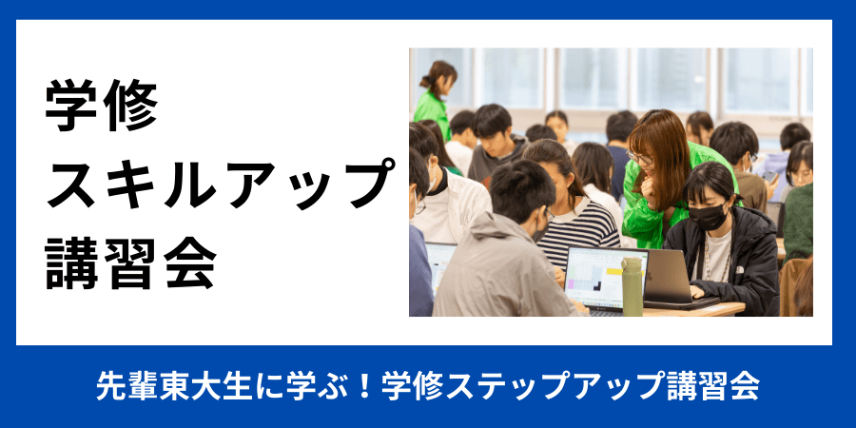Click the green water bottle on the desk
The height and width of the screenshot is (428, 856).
(x=632, y=286)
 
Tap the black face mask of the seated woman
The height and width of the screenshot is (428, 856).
(x=708, y=217)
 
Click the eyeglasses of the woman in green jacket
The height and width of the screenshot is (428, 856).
(x=640, y=157)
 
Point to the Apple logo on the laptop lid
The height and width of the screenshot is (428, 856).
(x=648, y=276)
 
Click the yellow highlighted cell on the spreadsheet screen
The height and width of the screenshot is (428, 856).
(x=614, y=271)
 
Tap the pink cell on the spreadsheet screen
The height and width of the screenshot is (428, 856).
(x=572, y=283)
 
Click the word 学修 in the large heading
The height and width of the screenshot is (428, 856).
(x=102, y=106)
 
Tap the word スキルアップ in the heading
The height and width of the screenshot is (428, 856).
(x=221, y=184)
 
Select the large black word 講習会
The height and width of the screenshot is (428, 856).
(x=131, y=263)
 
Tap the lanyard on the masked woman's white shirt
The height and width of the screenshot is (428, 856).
(x=709, y=257)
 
